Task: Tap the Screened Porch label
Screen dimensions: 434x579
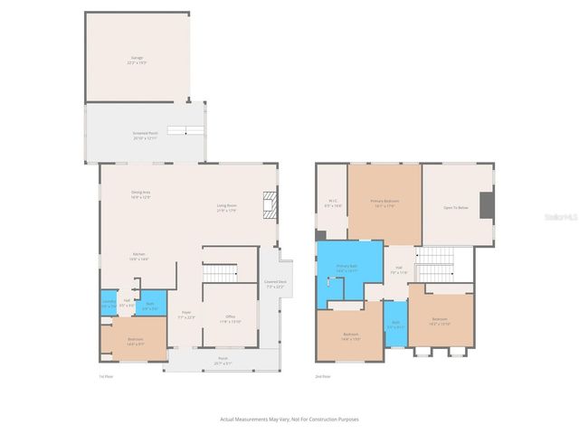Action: tap(145, 136)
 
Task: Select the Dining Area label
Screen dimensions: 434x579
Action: tap(140, 194)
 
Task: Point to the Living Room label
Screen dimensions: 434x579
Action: tap(226, 208)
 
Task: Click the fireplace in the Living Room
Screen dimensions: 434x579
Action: tap(269, 206)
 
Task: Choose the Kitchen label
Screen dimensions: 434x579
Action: tap(139, 257)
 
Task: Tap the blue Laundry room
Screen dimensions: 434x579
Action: tap(108, 304)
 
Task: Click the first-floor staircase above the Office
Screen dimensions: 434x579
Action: tap(217, 271)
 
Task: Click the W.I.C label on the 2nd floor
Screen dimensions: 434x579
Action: tap(333, 203)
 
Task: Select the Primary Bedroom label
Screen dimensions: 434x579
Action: tap(384, 203)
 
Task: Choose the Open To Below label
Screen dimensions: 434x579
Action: tap(455, 208)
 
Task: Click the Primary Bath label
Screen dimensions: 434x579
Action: tap(347, 268)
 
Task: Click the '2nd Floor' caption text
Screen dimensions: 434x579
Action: tap(323, 375)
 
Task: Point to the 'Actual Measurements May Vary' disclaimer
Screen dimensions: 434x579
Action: tap(289, 419)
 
